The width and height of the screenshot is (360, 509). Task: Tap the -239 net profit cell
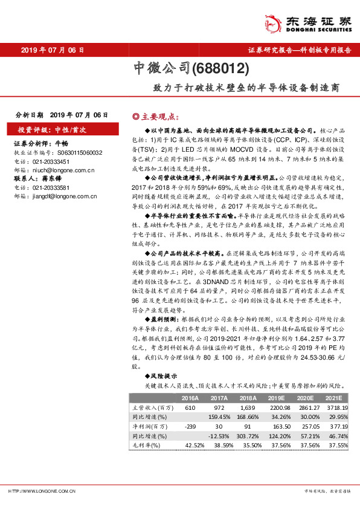190,426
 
